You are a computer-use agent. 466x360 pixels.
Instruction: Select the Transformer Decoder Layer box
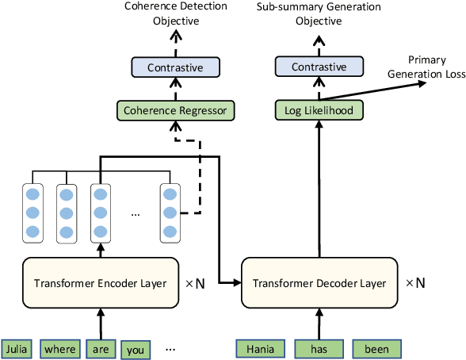320,283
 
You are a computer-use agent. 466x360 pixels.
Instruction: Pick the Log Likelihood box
319,109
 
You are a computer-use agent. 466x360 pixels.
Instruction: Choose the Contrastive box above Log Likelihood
319,68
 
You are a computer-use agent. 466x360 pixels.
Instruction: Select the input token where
60,348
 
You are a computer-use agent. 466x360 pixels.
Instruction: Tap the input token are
100,348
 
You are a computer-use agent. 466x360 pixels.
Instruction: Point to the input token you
135,349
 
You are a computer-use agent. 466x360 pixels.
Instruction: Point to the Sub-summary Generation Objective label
319,13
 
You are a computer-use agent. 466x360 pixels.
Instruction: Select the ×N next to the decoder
416,282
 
